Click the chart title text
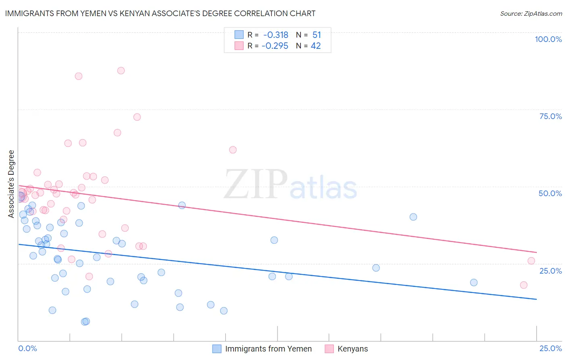pos(160,13)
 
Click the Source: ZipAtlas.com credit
pos(531,13)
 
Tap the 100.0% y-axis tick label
pos(548,39)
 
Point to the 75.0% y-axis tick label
pos(550,116)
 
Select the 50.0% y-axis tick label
pos(550,193)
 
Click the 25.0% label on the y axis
pos(550,271)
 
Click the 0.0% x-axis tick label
pos(27,348)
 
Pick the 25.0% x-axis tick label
pos(550,348)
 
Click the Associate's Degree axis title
pos(11,184)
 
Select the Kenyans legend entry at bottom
pos(352,349)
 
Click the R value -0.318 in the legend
pos(276,35)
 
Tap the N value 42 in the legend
pos(316,46)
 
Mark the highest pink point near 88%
pos(121,71)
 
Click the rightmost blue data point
pos(474,283)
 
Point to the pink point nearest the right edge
pos(532,261)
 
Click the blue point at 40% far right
pos(413,217)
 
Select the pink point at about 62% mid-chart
pos(233,150)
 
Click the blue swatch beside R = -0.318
pos(239,35)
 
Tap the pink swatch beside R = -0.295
pos(239,46)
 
